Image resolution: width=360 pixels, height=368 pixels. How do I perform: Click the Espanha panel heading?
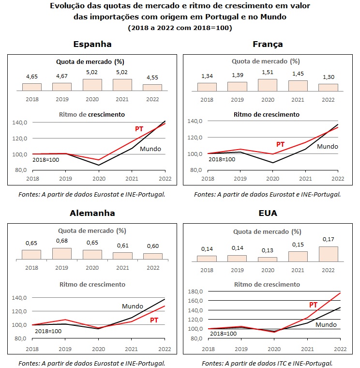tap(92, 44)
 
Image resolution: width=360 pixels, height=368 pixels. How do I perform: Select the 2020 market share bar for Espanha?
tap(92, 85)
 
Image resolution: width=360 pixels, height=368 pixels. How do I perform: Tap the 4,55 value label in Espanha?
tap(152, 77)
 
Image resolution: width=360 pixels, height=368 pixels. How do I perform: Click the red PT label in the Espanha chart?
tap(139, 129)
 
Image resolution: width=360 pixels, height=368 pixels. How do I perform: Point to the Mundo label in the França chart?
tap(328, 146)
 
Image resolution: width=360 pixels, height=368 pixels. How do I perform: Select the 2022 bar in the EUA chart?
tap(329, 254)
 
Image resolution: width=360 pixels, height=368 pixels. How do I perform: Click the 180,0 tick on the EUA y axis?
tap(195, 291)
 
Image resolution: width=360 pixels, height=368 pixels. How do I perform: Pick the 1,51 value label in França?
tap(268, 72)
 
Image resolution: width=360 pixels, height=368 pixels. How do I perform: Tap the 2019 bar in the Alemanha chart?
tap(61, 254)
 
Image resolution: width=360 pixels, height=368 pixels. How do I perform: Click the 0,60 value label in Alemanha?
tap(153, 246)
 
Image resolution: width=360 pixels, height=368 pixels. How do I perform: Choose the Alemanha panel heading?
tap(92, 213)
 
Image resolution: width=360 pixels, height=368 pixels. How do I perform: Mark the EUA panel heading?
tap(268, 213)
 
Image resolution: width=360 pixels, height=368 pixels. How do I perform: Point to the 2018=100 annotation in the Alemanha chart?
tap(48, 331)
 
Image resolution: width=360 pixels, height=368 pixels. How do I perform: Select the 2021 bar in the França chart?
tap(298, 86)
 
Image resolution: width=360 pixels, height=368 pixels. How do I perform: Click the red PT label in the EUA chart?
tap(313, 305)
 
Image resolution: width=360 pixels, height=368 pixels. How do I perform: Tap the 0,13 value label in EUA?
tap(268, 250)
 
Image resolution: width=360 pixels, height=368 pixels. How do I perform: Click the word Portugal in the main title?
tap(222, 17)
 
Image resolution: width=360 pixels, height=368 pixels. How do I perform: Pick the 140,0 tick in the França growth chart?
tap(195, 121)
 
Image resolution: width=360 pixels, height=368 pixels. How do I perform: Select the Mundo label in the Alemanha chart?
tap(133, 307)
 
